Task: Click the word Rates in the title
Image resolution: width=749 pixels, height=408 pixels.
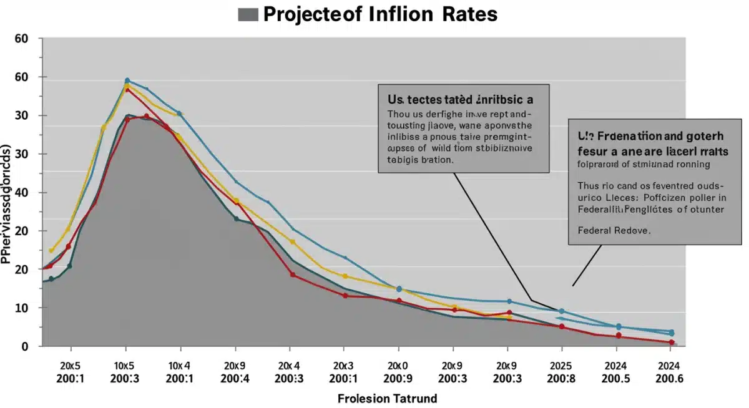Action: click(x=461, y=14)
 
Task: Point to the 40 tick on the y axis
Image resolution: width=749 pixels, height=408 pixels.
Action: click(x=21, y=192)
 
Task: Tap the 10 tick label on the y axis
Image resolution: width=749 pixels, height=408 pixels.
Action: click(x=21, y=308)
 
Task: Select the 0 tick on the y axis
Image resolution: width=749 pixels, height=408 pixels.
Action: click(x=25, y=346)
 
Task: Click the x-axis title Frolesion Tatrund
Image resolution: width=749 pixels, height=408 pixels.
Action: click(x=387, y=398)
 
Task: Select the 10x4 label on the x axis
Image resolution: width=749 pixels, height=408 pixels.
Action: click(x=180, y=365)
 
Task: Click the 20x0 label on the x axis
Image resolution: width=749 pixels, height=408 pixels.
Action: click(x=398, y=365)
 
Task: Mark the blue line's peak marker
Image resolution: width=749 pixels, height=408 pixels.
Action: click(x=127, y=80)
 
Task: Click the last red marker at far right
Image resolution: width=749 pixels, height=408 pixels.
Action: click(x=672, y=342)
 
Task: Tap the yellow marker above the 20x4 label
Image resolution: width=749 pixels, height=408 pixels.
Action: click(x=292, y=241)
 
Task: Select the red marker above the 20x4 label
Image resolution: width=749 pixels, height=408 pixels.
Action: click(x=293, y=274)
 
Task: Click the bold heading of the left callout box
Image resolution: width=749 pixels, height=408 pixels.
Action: click(x=460, y=99)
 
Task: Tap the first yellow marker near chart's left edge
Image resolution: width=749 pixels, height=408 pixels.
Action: click(x=51, y=251)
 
